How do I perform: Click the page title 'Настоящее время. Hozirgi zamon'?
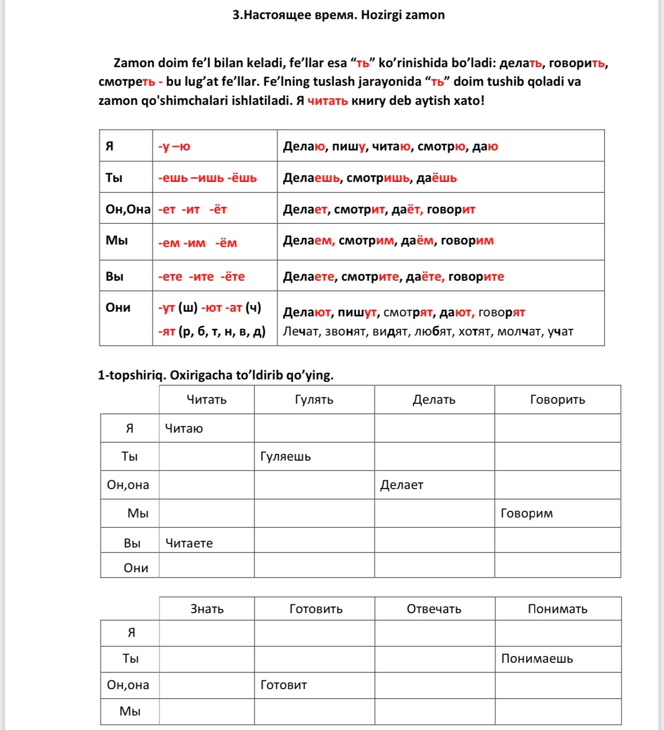click(x=338, y=15)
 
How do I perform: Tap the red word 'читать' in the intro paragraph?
click(x=327, y=101)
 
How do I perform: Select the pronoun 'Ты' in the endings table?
click(x=114, y=178)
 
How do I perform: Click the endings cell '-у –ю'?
click(x=174, y=146)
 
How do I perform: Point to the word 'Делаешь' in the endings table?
click(x=311, y=178)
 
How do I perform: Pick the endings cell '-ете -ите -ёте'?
click(x=201, y=277)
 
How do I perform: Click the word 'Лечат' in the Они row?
click(x=301, y=331)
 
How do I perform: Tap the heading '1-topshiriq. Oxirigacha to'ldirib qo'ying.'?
click(x=216, y=375)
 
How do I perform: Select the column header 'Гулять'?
click(x=314, y=400)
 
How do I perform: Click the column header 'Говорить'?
click(x=557, y=400)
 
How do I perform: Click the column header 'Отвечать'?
click(x=434, y=609)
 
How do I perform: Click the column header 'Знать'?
click(x=207, y=609)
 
